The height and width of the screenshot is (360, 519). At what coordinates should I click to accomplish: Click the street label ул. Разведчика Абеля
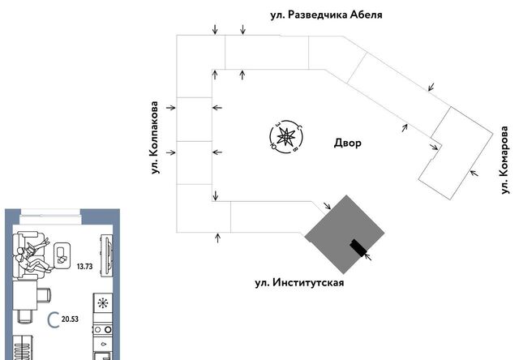click(x=326, y=15)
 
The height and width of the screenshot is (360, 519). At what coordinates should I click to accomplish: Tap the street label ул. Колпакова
click(x=154, y=138)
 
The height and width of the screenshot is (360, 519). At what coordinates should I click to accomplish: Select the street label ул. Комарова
click(x=504, y=161)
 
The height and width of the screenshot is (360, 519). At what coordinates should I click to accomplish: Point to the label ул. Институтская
click(x=299, y=283)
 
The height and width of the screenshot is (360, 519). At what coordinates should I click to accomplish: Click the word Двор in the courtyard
click(x=348, y=143)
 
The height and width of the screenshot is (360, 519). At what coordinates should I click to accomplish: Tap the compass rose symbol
click(x=286, y=137)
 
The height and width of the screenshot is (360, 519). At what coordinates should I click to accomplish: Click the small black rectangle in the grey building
click(x=358, y=248)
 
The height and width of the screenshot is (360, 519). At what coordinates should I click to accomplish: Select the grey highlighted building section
click(x=344, y=234)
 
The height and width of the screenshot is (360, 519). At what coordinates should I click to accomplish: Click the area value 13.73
click(x=84, y=267)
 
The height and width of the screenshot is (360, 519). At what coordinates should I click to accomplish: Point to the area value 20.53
click(x=70, y=319)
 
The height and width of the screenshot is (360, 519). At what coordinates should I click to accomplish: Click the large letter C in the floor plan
click(x=53, y=320)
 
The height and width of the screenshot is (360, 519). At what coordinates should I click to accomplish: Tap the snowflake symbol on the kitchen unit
click(x=103, y=303)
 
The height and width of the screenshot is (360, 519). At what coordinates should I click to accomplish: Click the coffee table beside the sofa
click(x=62, y=255)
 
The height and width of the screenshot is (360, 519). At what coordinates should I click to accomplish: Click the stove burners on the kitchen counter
click(x=103, y=330)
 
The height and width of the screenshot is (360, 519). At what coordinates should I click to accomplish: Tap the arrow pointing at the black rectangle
click(x=368, y=256)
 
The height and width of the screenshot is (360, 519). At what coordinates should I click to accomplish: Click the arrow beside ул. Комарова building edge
click(x=474, y=173)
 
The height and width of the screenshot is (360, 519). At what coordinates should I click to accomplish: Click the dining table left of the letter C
click(x=25, y=295)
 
